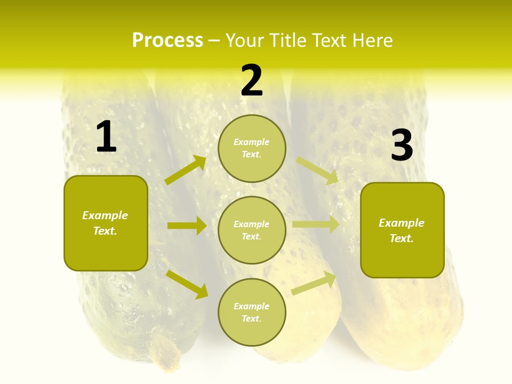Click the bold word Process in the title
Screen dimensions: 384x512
pyautogui.click(x=167, y=41)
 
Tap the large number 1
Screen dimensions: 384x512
pyautogui.click(x=106, y=137)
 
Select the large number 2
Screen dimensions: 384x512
pyautogui.click(x=252, y=81)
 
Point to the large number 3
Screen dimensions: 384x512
pyautogui.click(x=402, y=145)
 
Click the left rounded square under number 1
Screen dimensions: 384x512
pyautogui.click(x=106, y=223)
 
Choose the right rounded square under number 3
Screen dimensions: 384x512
pyautogui.click(x=402, y=230)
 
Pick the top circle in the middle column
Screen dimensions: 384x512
pyautogui.click(x=252, y=148)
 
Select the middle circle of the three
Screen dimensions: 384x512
pyautogui.click(x=252, y=230)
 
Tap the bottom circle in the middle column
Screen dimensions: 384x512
pyautogui.click(x=252, y=312)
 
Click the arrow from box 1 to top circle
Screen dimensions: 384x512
pyautogui.click(x=186, y=170)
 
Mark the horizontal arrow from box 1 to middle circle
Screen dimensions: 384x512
pyautogui.click(x=187, y=226)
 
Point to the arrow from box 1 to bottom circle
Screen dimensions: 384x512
pyautogui.click(x=187, y=284)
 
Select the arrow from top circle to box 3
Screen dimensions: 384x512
pyautogui.click(x=317, y=170)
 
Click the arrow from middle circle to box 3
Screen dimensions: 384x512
pyautogui.click(x=316, y=225)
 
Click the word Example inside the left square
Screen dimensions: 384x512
pyautogui.click(x=105, y=215)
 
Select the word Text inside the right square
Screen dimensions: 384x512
pyautogui.click(x=401, y=238)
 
